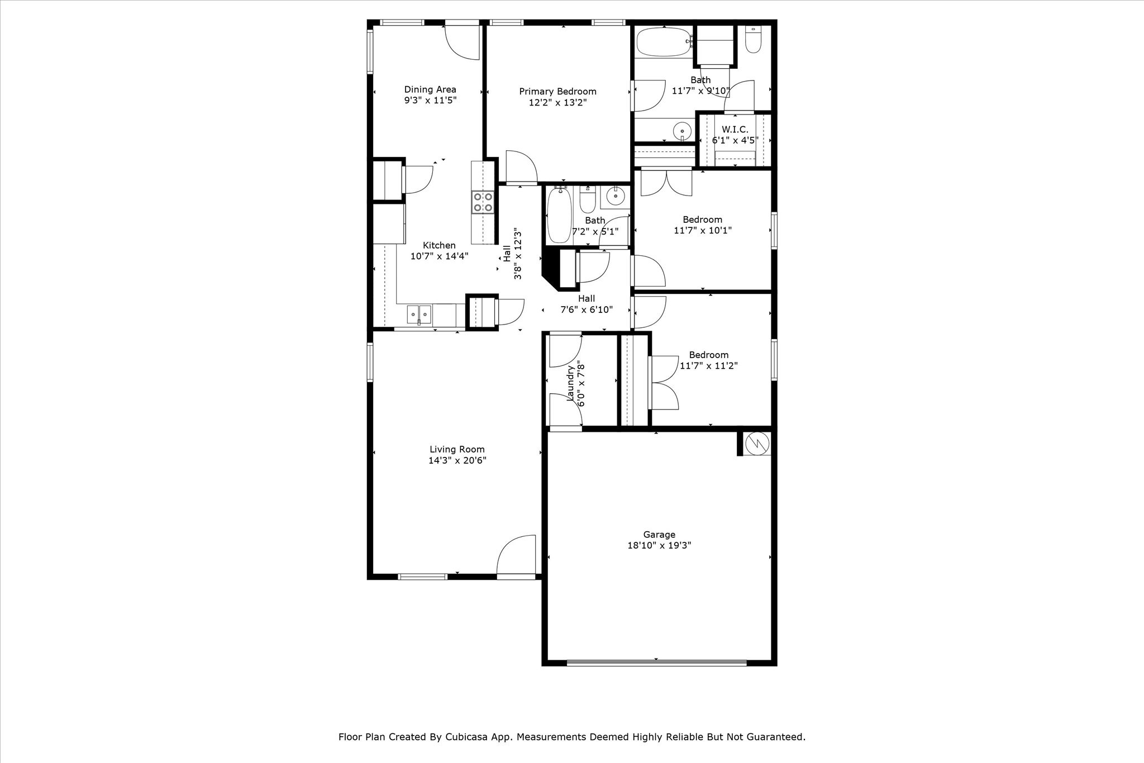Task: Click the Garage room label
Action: pyautogui.click(x=659, y=535)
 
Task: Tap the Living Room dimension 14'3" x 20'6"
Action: pyautogui.click(x=457, y=460)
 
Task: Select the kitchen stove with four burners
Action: pyautogui.click(x=483, y=202)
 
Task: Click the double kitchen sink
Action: pyautogui.click(x=419, y=315)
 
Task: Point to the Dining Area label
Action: pyautogui.click(x=430, y=89)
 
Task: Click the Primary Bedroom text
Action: pyautogui.click(x=557, y=92)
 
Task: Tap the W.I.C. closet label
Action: pyautogui.click(x=735, y=130)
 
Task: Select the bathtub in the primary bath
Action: pyautogui.click(x=664, y=42)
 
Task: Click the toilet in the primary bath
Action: pyautogui.click(x=753, y=40)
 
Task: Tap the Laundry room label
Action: pyautogui.click(x=571, y=383)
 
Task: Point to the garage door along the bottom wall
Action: pyautogui.click(x=656, y=663)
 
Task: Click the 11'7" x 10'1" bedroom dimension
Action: pyautogui.click(x=702, y=230)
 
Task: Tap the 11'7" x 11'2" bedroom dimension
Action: pyautogui.click(x=708, y=366)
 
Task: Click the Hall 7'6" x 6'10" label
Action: pyautogui.click(x=587, y=304)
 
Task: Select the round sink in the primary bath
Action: pyautogui.click(x=682, y=132)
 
